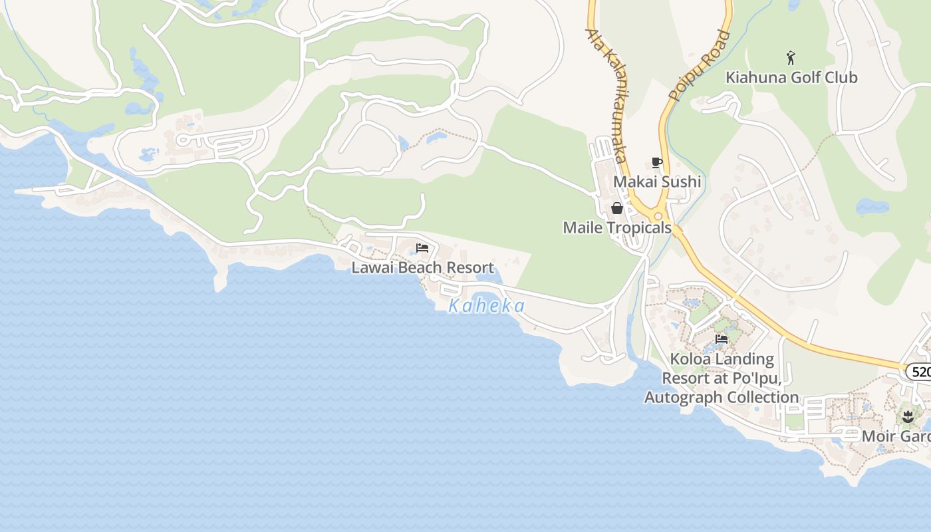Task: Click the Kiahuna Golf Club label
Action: (791, 78)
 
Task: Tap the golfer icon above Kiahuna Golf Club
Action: (791, 58)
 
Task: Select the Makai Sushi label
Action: (657, 182)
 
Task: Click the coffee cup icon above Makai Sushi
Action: (657, 163)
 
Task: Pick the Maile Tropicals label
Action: (617, 228)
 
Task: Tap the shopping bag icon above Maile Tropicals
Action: (617, 209)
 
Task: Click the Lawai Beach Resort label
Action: (422, 268)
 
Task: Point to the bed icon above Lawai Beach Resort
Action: (422, 249)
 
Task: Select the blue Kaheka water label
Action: (486, 307)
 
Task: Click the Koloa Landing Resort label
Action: (722, 378)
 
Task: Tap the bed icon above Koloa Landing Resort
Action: (722, 339)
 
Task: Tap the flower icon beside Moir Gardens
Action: (908, 417)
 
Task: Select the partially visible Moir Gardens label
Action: (896, 437)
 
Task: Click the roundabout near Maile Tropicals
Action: (658, 215)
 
